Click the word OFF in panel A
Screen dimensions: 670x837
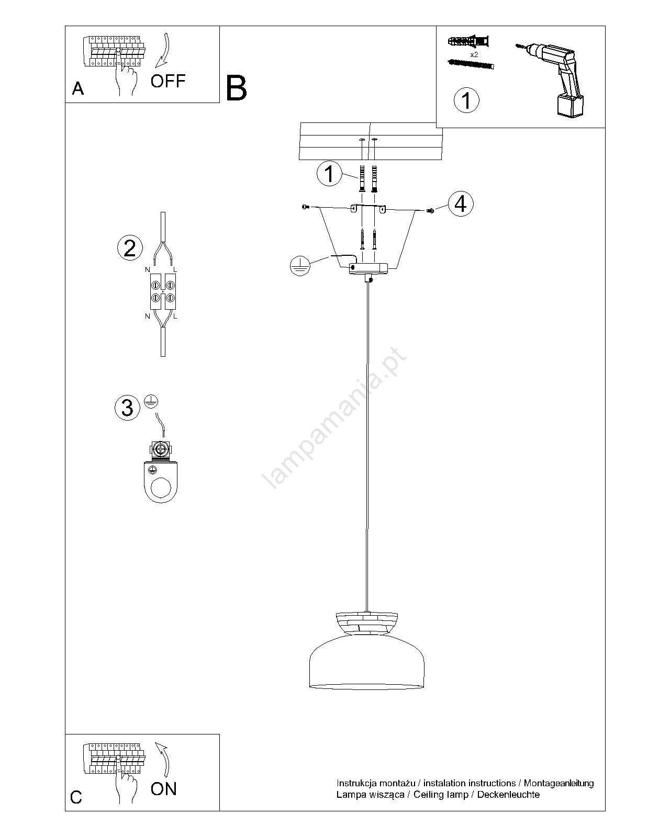tap(168, 81)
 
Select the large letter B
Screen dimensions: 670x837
tap(236, 88)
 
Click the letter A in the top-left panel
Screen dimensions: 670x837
tap(78, 89)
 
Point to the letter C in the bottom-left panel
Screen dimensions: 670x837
tap(76, 797)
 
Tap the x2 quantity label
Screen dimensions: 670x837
tap(474, 55)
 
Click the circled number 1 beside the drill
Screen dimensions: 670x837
tap(466, 100)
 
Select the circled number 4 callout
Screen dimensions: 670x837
tap(461, 203)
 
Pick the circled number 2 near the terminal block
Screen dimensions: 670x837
tap(130, 248)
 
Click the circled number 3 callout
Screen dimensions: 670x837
tap(127, 408)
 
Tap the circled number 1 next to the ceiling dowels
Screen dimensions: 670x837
tap(329, 173)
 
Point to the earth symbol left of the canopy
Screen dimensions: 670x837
tap(300, 266)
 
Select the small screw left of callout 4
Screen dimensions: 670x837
tap(430, 210)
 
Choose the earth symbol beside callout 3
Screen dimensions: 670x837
tap(151, 401)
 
